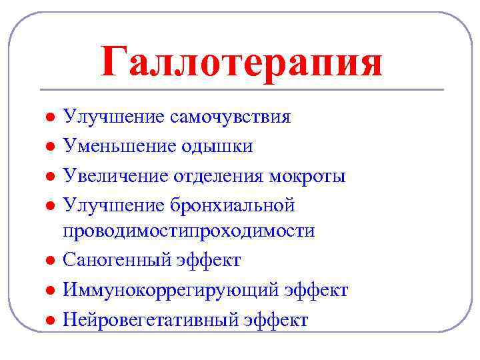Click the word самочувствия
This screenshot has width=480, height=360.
click(x=230, y=117)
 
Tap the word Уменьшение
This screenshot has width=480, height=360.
click(x=120, y=146)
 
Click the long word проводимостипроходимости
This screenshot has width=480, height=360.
click(x=189, y=231)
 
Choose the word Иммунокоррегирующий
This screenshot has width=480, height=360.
click(x=171, y=290)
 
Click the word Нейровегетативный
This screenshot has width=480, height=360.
click(x=158, y=319)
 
